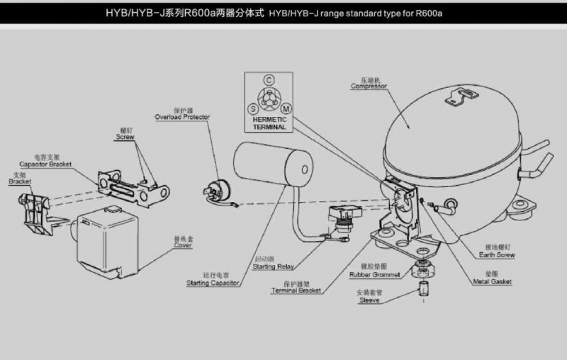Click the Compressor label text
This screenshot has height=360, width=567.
coord(369,86)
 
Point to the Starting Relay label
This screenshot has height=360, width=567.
coord(273,266)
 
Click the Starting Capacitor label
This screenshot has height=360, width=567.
coord(213,283)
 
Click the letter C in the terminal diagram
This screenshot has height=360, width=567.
coord(269,80)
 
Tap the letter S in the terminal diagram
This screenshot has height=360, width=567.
coord(252,108)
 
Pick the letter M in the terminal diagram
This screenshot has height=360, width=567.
coord(286,108)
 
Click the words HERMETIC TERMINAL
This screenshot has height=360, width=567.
coord(269,124)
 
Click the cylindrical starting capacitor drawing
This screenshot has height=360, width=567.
coord(274,165)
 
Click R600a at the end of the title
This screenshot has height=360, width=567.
coord(436,13)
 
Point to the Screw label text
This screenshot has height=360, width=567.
coord(125,137)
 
